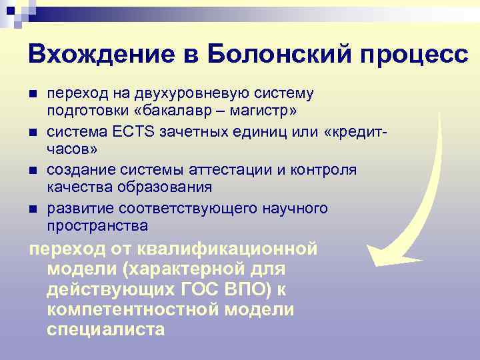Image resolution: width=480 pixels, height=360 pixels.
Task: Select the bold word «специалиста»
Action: [x=105, y=329]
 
